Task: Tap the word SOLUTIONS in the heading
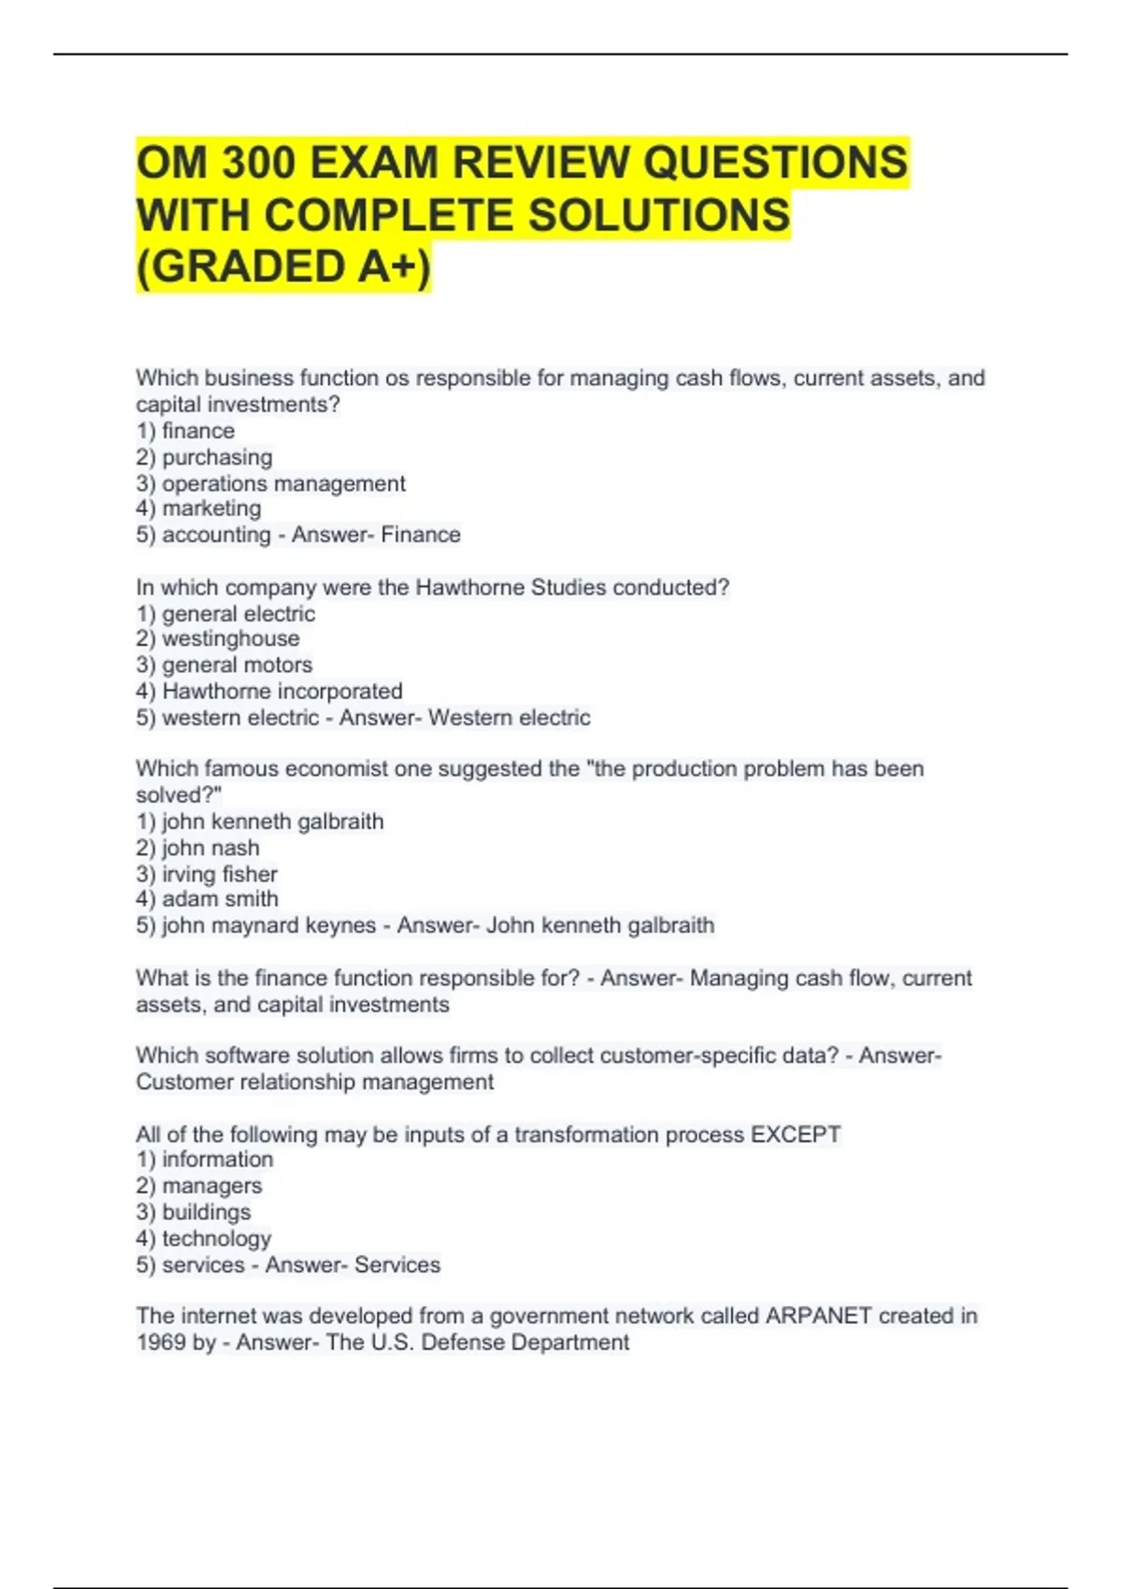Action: (x=659, y=215)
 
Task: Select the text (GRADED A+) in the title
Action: (x=283, y=266)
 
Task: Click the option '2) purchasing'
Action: (x=204, y=457)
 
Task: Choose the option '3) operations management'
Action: (x=270, y=483)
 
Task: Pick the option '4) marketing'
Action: (x=198, y=508)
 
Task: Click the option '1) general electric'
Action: (x=225, y=613)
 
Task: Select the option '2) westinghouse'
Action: (x=218, y=638)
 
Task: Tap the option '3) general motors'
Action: (x=224, y=665)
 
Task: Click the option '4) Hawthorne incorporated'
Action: (x=269, y=691)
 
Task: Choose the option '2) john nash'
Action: (x=197, y=848)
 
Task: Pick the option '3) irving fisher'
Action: (x=207, y=874)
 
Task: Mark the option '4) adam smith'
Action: (x=207, y=899)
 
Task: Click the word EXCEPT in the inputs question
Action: (x=796, y=1134)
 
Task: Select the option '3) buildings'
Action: (x=194, y=1211)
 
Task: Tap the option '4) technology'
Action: (x=204, y=1238)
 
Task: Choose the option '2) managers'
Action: (x=199, y=1185)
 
